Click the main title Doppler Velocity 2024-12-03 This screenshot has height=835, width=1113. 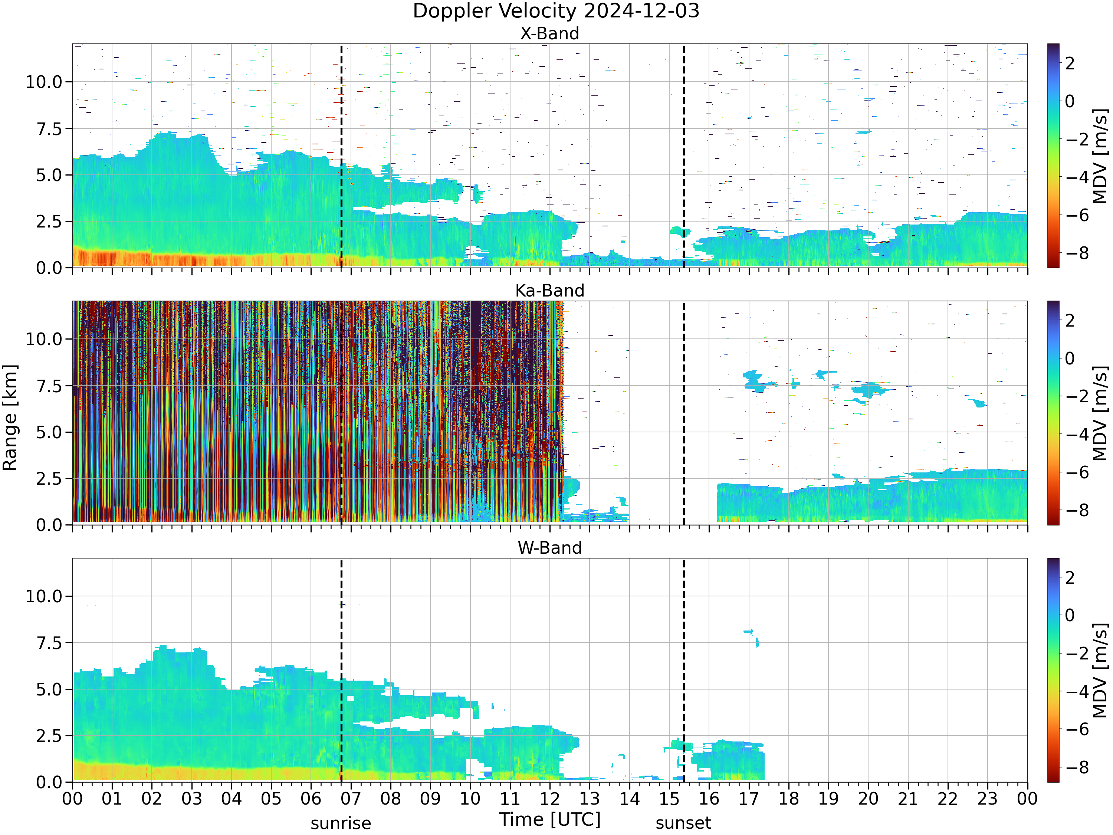(x=556, y=11)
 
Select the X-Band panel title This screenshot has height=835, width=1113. (x=549, y=33)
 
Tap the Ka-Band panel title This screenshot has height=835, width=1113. (x=549, y=291)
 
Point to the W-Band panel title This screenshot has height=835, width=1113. (x=549, y=548)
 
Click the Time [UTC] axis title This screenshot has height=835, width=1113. (x=549, y=819)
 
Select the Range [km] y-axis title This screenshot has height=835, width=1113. (x=10, y=418)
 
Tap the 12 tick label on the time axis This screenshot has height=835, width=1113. (x=549, y=799)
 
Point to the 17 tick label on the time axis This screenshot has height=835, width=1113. (x=748, y=799)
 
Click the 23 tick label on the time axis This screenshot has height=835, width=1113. (x=987, y=799)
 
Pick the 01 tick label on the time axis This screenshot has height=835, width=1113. (x=112, y=799)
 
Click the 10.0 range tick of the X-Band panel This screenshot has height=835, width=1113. (x=44, y=82)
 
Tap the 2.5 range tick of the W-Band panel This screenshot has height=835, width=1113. (x=49, y=736)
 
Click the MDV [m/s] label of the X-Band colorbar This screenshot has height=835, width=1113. (x=1100, y=156)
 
